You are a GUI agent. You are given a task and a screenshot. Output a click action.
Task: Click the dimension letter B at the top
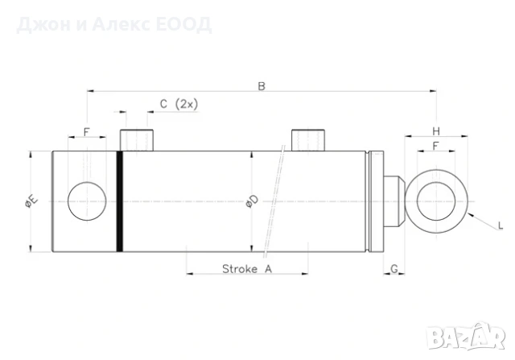tap(262, 86)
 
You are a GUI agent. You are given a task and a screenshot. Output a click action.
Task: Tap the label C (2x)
tap(179, 104)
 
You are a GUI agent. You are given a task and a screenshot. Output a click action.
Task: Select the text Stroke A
tap(247, 269)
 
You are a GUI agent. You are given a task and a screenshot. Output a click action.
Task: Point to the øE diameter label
tap(31, 201)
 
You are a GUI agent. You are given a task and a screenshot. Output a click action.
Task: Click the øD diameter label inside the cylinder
tap(252, 201)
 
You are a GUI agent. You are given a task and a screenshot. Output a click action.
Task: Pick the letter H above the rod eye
tap(436, 131)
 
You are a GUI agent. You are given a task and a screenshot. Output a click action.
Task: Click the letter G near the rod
tap(393, 269)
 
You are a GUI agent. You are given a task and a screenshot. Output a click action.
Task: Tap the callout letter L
tap(501, 226)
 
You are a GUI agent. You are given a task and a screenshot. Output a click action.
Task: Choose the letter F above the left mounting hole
tap(86, 132)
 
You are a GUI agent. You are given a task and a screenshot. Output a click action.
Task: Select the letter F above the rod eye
tap(435, 146)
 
